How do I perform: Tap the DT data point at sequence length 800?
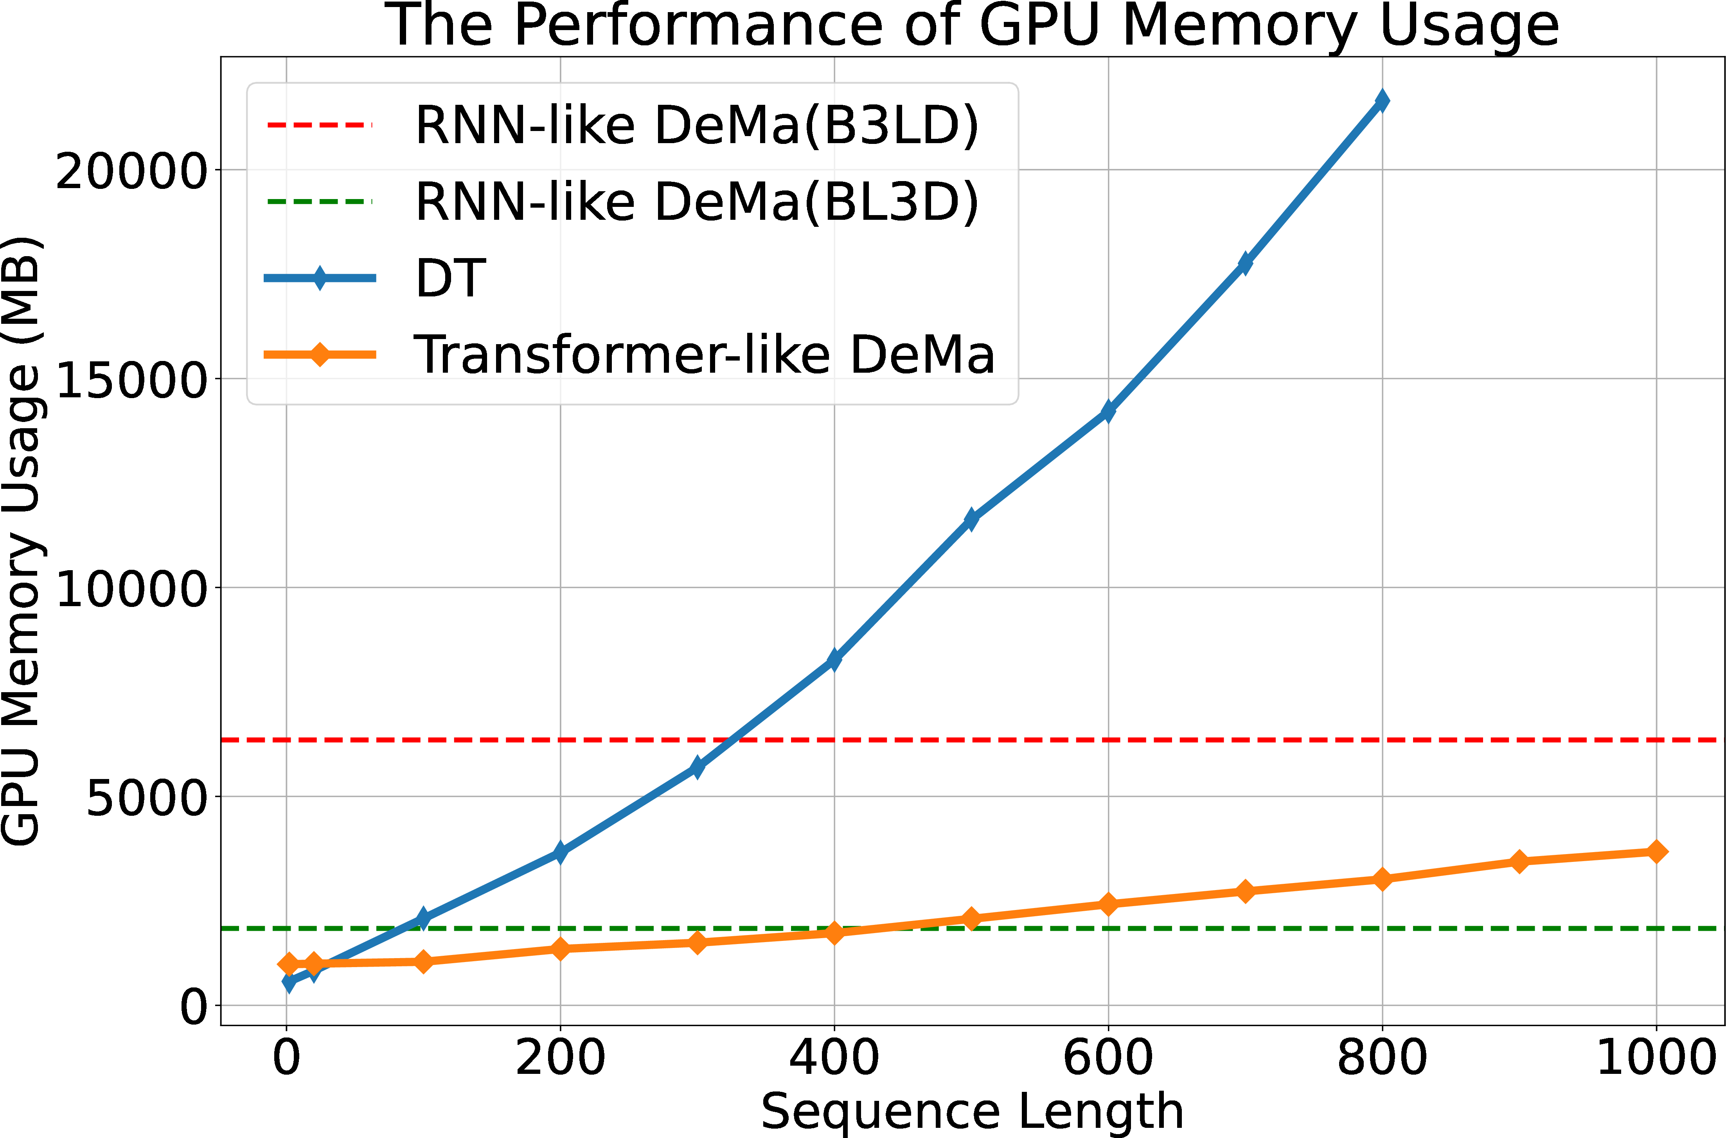point(1382,100)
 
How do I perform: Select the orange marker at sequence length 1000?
point(1656,851)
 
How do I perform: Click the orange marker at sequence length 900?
point(1519,862)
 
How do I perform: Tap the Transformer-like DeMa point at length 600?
point(1108,904)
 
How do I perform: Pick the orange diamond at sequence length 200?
point(560,949)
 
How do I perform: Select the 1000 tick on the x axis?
point(1656,1057)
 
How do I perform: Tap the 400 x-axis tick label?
point(834,1057)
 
